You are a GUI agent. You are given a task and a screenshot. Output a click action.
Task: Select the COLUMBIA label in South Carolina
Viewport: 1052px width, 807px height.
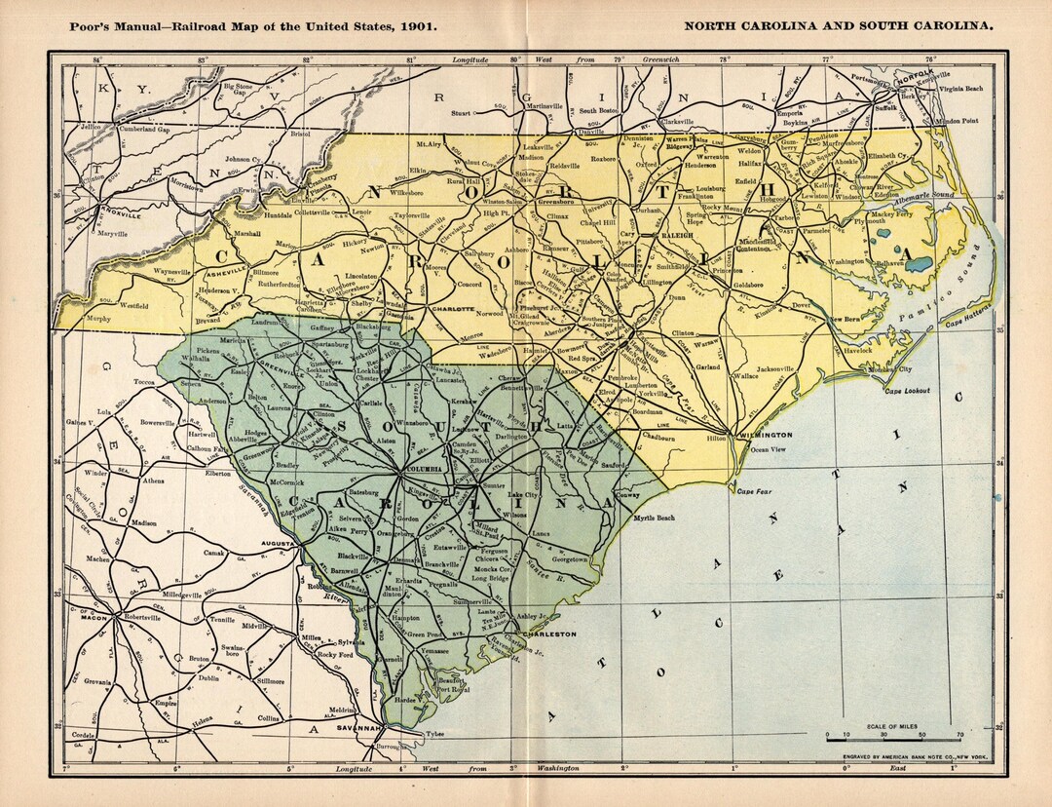pos(422,469)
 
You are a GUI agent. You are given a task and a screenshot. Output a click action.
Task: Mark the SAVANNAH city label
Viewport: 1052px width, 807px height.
pos(358,727)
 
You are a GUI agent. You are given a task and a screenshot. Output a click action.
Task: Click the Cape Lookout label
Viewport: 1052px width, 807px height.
pos(907,391)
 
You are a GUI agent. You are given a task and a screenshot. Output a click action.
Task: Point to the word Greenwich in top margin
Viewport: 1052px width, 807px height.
pos(668,60)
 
